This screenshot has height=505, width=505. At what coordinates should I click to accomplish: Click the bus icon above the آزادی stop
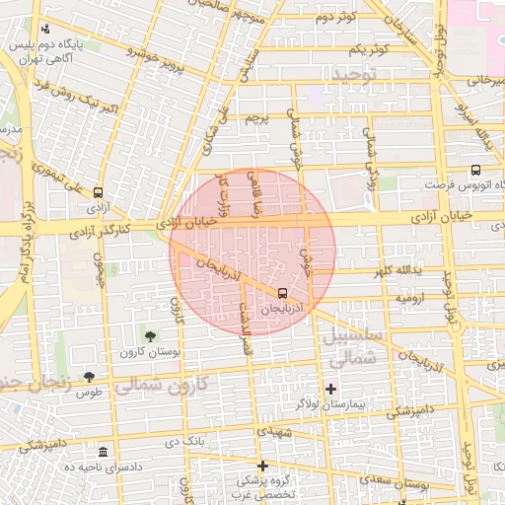point(98,192)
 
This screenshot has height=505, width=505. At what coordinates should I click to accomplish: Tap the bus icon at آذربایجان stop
point(283,293)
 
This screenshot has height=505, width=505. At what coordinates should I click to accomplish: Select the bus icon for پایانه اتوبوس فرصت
point(475,170)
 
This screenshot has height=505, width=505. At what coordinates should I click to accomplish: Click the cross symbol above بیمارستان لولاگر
point(330,389)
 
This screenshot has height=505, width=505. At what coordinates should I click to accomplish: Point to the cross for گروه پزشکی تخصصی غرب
point(262,466)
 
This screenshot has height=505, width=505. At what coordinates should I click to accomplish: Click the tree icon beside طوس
point(89,376)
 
